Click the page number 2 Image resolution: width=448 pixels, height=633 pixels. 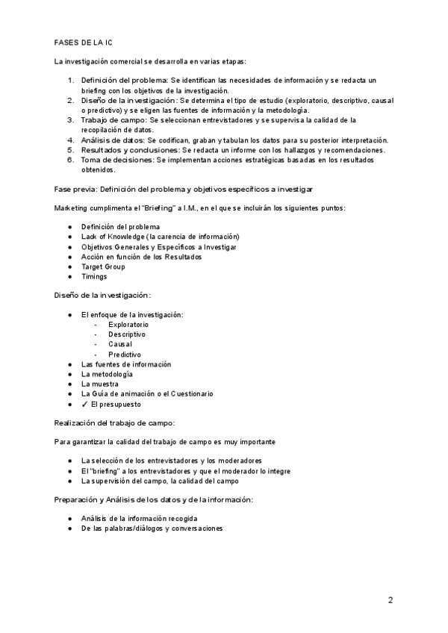point(390,599)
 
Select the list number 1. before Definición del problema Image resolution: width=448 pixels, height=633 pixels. point(70,80)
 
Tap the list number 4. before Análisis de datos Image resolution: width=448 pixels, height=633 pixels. point(70,140)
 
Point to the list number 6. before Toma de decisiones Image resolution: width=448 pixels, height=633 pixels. point(70,160)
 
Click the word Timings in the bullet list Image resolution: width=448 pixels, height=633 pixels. point(93,276)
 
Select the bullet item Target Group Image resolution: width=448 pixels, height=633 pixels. point(103,266)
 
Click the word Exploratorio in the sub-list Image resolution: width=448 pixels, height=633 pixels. point(128,325)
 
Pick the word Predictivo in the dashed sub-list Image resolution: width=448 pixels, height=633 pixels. point(125,355)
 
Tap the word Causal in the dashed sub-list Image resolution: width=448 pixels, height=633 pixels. point(120,344)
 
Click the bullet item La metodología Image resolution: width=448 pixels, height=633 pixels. point(107,374)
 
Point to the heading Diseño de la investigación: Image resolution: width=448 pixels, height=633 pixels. point(102,296)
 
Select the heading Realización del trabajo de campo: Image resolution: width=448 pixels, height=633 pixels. point(114,422)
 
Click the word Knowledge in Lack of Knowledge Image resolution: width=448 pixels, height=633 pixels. point(122,237)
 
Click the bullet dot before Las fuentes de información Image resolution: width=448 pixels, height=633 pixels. point(69,364)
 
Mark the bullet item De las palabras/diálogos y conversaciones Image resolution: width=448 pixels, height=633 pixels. point(152,528)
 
